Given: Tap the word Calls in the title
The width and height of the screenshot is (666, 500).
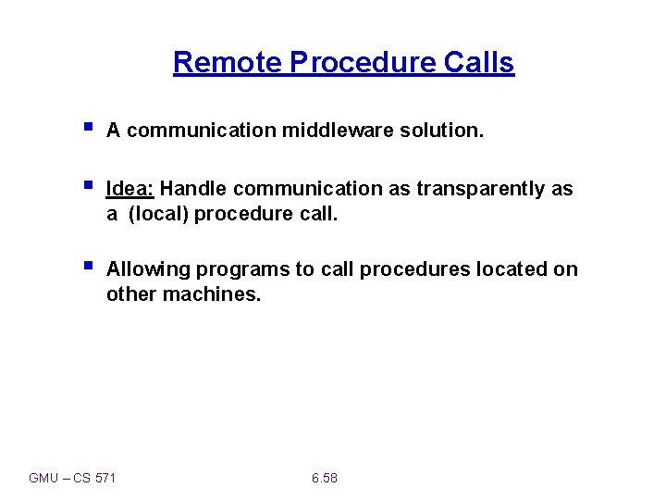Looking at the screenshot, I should pyautogui.click(x=478, y=62).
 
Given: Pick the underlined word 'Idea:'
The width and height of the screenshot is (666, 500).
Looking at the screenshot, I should pyautogui.click(x=130, y=189).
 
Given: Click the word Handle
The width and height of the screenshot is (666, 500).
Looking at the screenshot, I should pyautogui.click(x=194, y=189).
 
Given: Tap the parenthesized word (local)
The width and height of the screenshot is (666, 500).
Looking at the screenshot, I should pyautogui.click(x=158, y=214).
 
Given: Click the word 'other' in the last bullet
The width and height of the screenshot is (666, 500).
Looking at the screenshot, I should pyautogui.click(x=131, y=294).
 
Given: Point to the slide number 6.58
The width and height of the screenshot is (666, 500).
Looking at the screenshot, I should pyautogui.click(x=325, y=478).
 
